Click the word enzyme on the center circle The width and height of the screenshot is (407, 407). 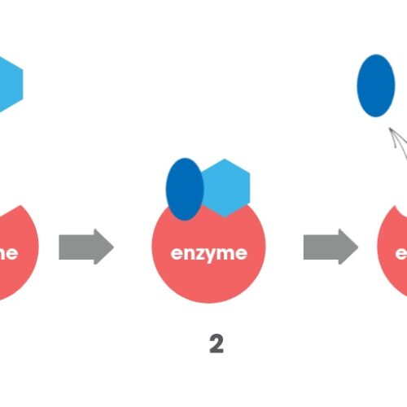209,252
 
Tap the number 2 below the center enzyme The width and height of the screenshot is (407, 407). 216,344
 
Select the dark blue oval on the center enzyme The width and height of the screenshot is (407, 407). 185,189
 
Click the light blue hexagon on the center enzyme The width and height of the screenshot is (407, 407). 225,187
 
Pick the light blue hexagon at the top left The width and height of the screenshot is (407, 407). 8,84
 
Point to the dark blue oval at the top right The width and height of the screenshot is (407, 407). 375,85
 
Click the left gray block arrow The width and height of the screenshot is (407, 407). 85,246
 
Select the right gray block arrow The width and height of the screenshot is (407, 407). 330,246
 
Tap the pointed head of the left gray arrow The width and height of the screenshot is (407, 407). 103,246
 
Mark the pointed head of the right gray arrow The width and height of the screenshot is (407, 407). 348,246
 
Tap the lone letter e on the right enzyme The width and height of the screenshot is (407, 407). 400,252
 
